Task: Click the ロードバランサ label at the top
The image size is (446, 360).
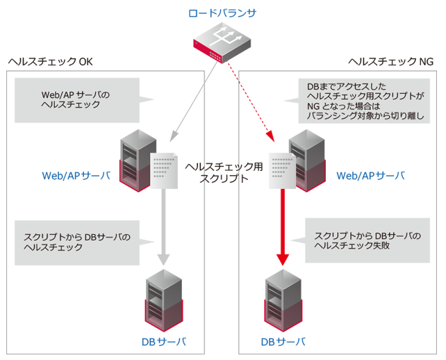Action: pyautogui.click(x=222, y=13)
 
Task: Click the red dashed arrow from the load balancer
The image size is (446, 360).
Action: pyautogui.click(x=249, y=97)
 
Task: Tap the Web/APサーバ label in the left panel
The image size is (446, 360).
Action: pyautogui.click(x=76, y=175)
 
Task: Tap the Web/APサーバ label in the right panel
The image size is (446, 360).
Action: pyautogui.click(x=370, y=175)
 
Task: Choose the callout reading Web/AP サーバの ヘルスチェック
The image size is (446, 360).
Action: pyautogui.click(x=76, y=99)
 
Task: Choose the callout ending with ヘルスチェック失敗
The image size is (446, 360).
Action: pyautogui.click(x=367, y=241)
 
